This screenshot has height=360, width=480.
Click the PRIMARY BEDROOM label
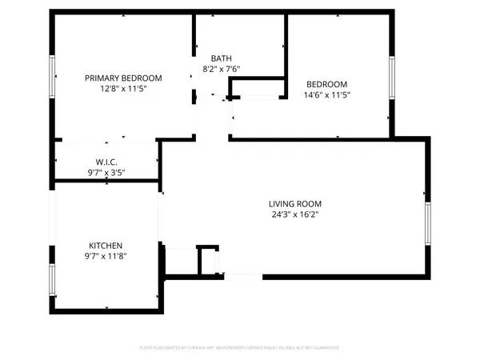click(124, 78)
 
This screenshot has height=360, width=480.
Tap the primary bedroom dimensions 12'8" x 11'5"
click(124, 89)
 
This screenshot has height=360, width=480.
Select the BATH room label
click(222, 58)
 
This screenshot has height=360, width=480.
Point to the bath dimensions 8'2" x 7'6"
click(222, 69)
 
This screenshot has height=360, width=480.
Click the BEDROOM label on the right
click(327, 84)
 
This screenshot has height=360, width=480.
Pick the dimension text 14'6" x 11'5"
click(327, 94)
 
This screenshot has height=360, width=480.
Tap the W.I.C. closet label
click(106, 162)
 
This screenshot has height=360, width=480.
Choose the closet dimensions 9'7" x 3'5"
click(106, 172)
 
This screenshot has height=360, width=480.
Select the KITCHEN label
click(106, 246)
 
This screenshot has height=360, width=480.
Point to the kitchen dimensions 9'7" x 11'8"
click(106, 256)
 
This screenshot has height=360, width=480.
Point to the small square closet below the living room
click(207, 260)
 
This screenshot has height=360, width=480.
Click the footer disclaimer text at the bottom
click(240, 348)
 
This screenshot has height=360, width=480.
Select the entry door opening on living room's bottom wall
click(243, 276)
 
